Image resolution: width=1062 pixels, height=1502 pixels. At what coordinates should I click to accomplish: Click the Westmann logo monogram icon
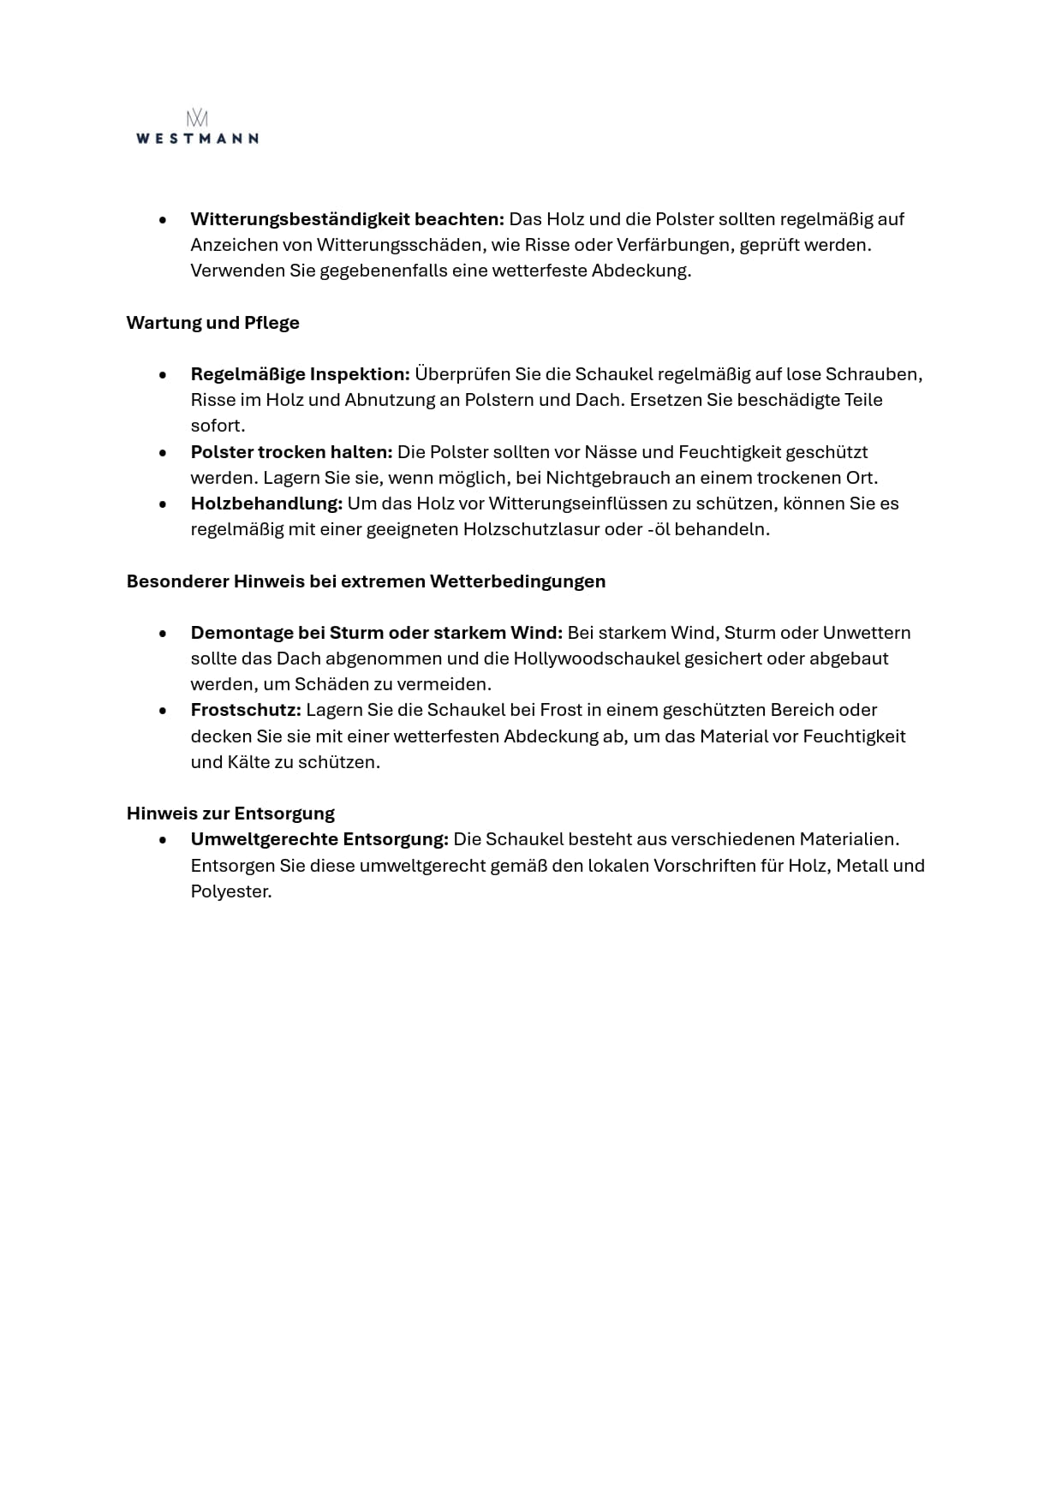(x=197, y=118)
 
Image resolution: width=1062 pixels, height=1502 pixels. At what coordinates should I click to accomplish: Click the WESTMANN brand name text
(x=197, y=139)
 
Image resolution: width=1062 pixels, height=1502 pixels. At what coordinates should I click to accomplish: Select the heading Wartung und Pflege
(x=212, y=323)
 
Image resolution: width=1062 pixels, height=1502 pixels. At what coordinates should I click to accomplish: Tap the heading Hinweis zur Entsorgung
(x=230, y=813)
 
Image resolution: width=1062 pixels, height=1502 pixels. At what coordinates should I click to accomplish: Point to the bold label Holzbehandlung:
(x=266, y=504)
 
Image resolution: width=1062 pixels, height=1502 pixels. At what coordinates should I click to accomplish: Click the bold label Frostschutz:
(x=246, y=710)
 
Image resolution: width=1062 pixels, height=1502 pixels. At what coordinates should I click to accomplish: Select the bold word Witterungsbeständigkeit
(x=300, y=219)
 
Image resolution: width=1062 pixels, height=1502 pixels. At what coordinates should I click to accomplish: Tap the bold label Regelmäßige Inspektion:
(x=301, y=374)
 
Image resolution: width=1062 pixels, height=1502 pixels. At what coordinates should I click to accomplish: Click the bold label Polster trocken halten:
(x=291, y=452)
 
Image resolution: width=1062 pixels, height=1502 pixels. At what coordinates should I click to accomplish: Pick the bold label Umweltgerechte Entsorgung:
(x=319, y=839)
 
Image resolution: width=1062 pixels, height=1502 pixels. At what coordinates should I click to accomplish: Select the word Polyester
(x=230, y=891)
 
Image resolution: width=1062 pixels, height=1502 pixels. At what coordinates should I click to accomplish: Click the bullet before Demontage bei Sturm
(x=163, y=634)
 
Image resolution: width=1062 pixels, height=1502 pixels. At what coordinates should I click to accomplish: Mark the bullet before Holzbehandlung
(x=163, y=504)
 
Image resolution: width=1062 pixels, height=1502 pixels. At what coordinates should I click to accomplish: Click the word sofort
(x=218, y=426)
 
